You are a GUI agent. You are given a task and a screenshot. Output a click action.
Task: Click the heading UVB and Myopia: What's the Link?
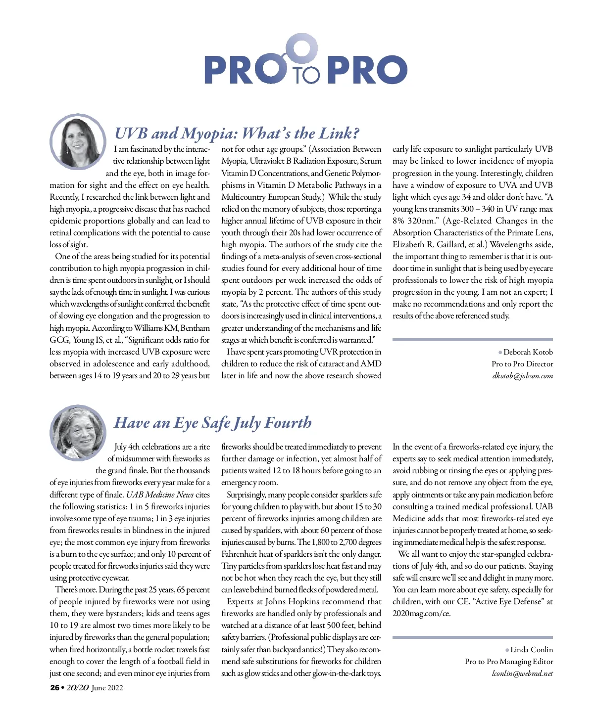(237, 133)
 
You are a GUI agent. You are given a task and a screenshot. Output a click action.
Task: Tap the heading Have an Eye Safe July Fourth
(213, 422)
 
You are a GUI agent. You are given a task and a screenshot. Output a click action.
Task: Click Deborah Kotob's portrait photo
(78, 142)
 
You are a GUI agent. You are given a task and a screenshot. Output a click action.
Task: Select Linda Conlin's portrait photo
(78, 432)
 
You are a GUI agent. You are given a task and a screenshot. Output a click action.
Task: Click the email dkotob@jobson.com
(522, 376)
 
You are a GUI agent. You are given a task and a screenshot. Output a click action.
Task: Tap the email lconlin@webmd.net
(522, 673)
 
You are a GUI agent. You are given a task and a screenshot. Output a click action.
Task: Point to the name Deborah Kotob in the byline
(528, 352)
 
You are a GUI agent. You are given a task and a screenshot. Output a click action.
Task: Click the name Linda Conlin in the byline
(531, 650)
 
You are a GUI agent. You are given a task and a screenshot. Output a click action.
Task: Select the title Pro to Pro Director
(522, 364)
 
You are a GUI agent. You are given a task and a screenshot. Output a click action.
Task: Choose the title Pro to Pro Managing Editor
(509, 662)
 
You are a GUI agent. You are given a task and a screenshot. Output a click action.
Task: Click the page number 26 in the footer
(54, 688)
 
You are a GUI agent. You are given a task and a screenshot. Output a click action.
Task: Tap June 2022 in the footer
(107, 688)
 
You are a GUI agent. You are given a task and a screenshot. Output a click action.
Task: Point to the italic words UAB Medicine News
(159, 494)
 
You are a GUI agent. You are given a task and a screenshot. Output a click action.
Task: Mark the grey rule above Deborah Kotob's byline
(472, 340)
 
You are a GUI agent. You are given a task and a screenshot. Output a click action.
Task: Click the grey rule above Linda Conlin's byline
(472, 637)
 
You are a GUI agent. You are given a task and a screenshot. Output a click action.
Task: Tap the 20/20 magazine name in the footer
(77, 688)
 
